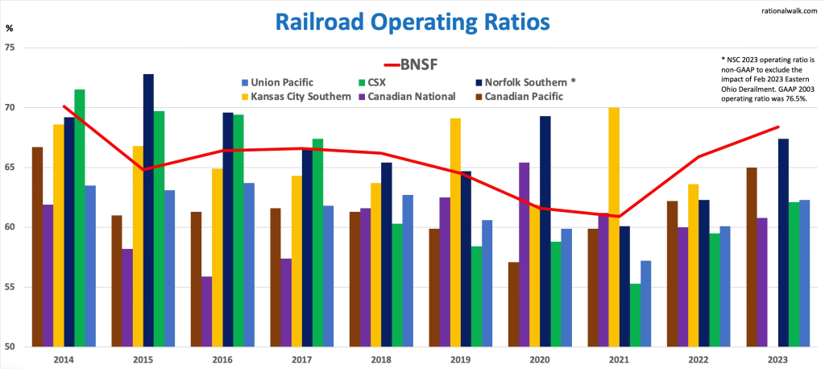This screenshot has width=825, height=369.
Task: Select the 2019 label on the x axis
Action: coord(460,359)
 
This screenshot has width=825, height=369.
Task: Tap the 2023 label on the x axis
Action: coord(777,359)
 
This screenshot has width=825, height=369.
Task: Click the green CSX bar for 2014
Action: coord(80,218)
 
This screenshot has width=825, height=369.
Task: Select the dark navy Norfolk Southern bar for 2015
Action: coord(148,210)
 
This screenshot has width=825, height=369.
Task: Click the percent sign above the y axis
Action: coord(9,28)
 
